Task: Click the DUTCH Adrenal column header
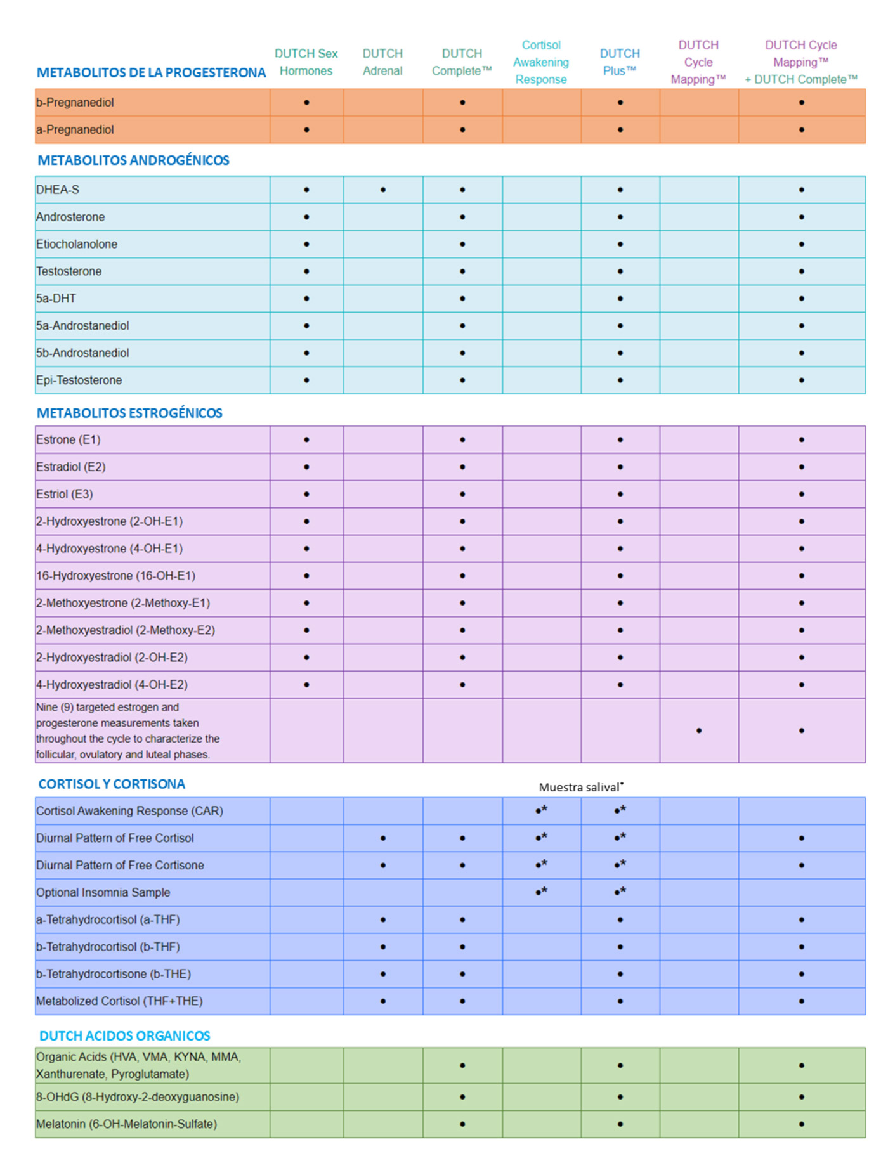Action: coord(382,62)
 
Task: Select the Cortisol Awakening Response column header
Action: coord(541,62)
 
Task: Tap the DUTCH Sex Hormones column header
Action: coord(306,62)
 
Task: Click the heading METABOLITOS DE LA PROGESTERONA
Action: coord(151,73)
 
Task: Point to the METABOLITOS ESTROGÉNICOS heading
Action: coord(129,413)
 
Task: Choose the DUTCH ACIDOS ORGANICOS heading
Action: coord(125,1036)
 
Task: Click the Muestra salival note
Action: coord(580,788)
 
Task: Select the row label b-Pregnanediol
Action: coord(75,103)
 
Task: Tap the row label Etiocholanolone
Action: coord(77,244)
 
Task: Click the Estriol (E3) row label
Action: coord(65,494)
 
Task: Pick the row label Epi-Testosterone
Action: coord(79,380)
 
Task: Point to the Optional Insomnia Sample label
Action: coord(103,893)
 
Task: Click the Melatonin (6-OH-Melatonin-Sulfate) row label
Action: coord(127,1124)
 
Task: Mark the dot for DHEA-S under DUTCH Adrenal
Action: coord(383,190)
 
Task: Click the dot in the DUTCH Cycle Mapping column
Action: coord(699,730)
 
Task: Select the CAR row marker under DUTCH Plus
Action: coord(620,810)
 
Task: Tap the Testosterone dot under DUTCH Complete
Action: coord(462,271)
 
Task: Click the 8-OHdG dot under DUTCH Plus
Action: coord(620,1097)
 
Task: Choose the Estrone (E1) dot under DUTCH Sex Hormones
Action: coord(306,439)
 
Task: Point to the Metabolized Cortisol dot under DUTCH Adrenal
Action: coord(383,1001)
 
